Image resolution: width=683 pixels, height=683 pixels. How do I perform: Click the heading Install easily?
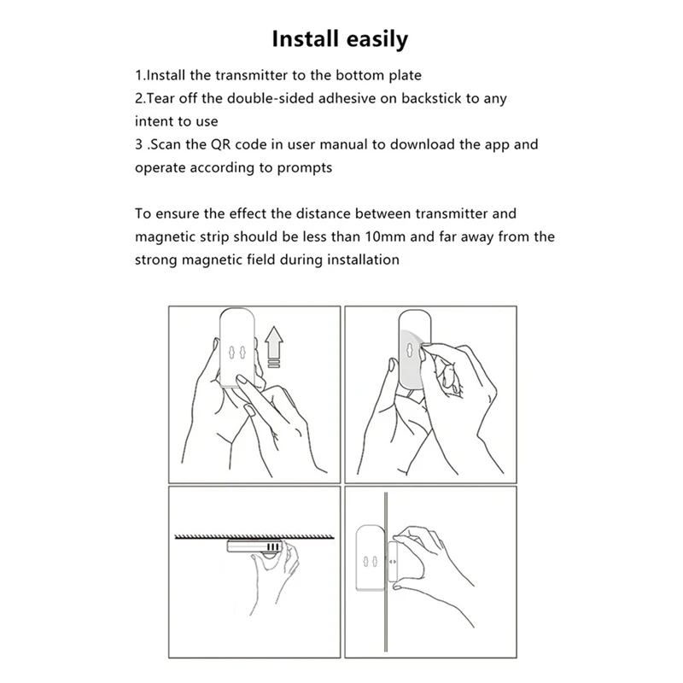click(340, 39)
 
